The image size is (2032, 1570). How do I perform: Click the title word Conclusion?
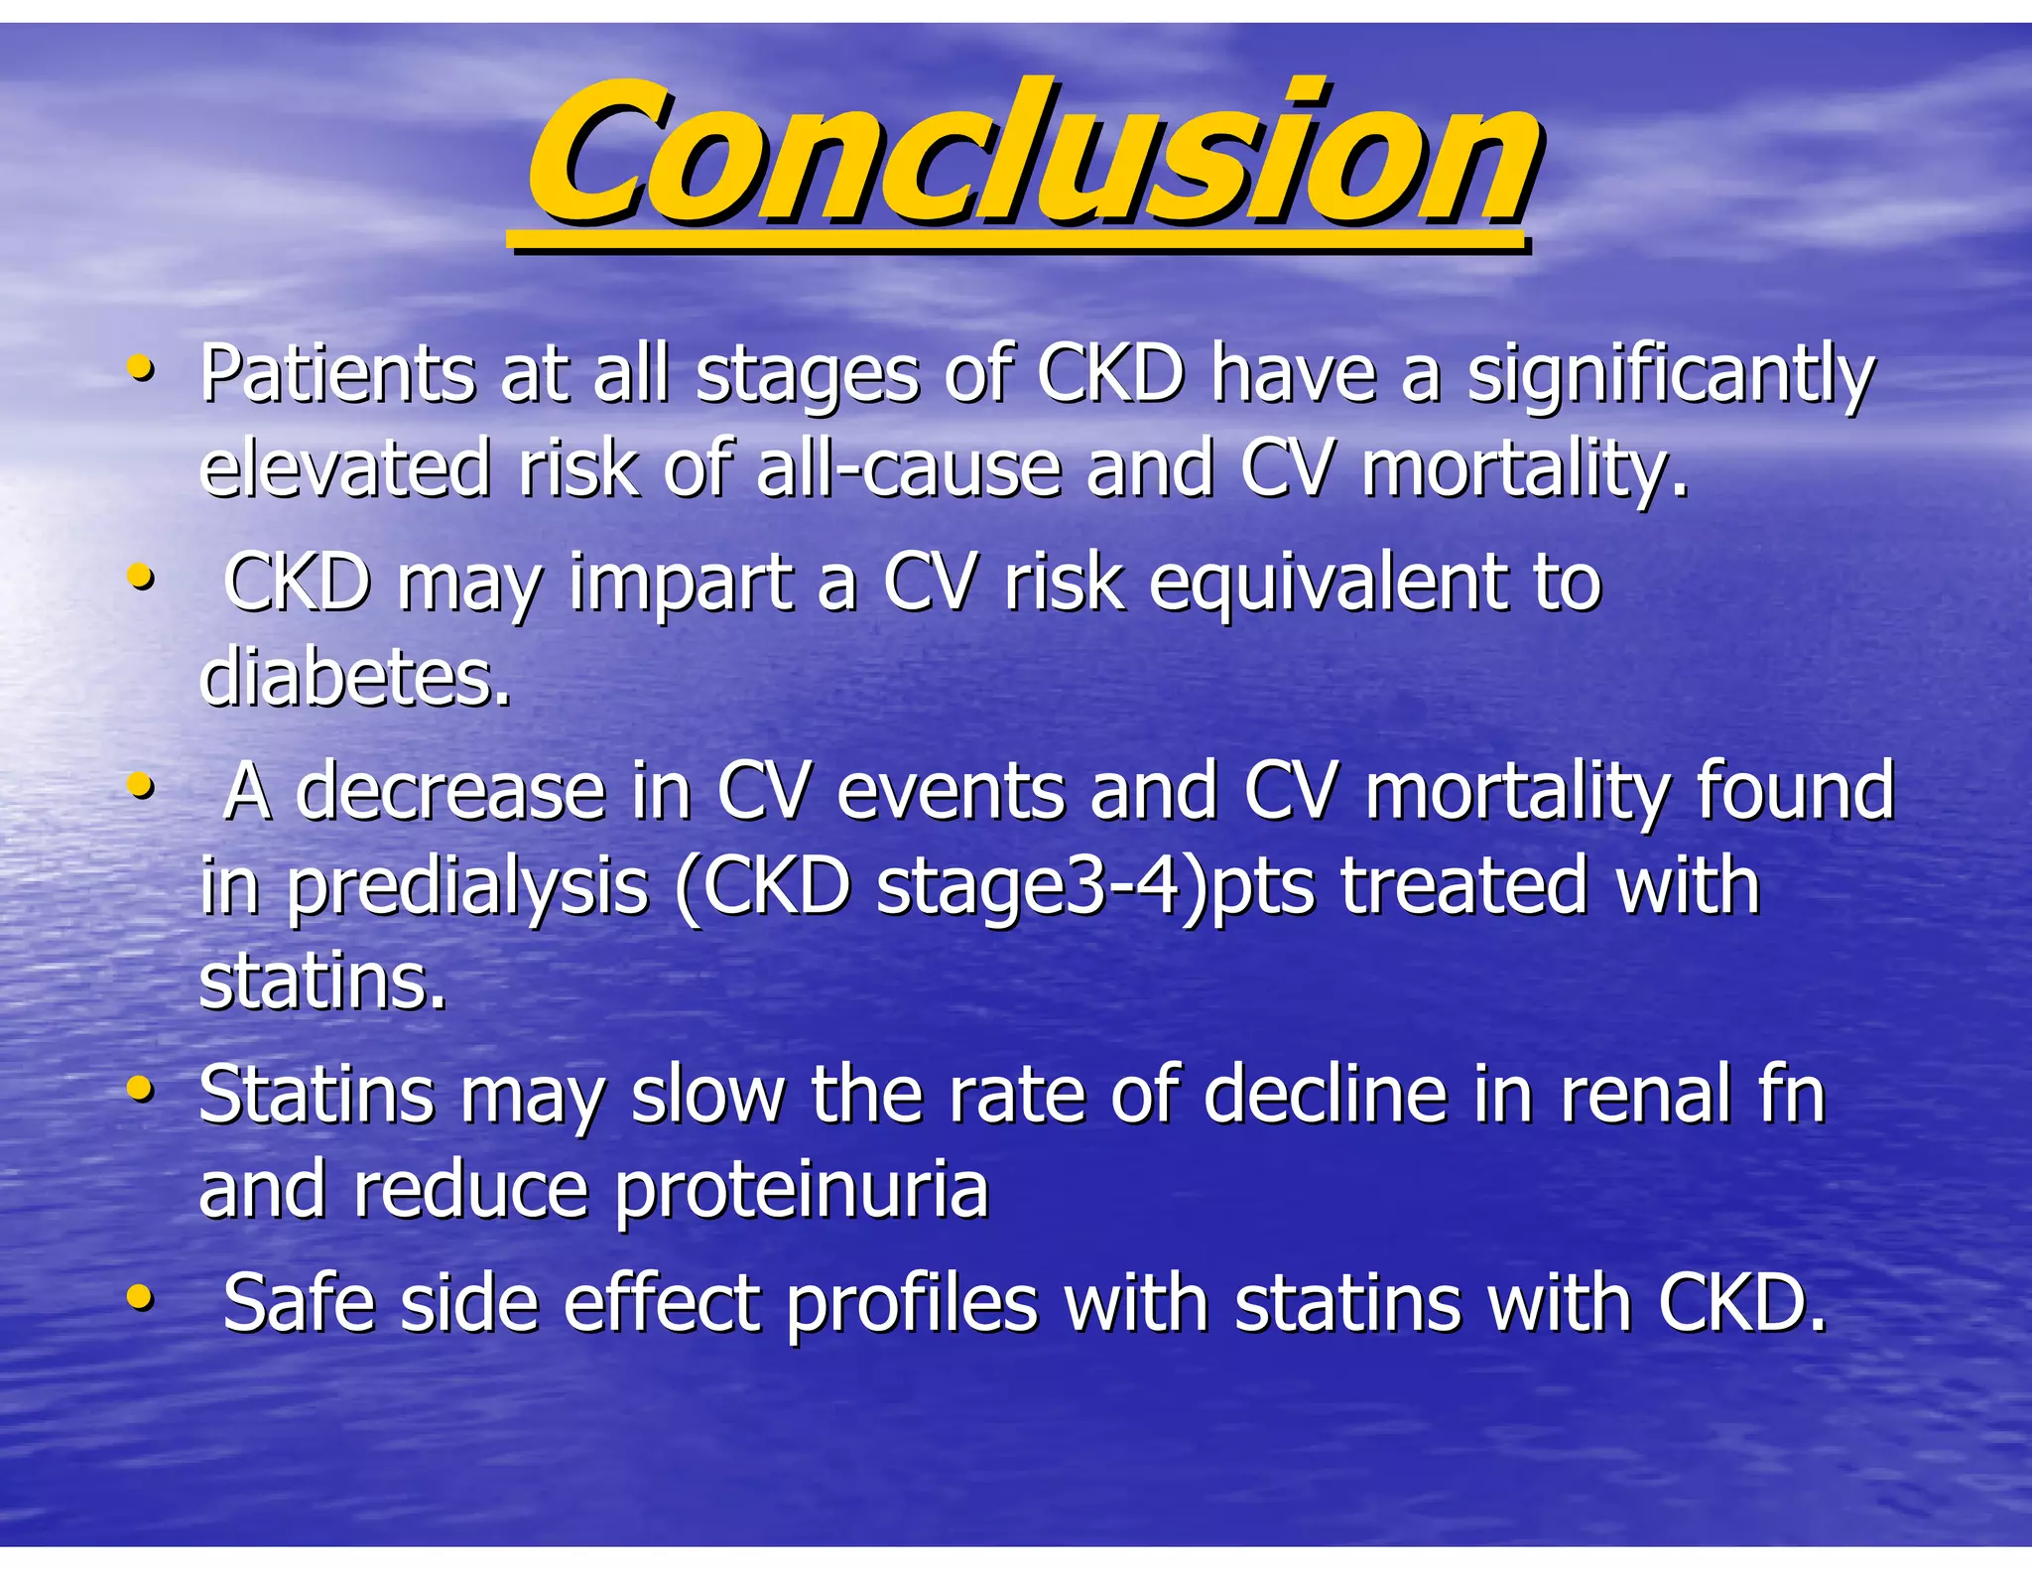pos(1032,154)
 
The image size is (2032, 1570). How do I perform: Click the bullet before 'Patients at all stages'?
pos(141,370)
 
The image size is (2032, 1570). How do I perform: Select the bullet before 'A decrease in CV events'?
pos(141,787)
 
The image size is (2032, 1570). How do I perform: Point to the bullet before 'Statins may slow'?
pos(141,1091)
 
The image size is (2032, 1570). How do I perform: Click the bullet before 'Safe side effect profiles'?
pos(141,1297)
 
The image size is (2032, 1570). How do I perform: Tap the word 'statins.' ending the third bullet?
pos(322,982)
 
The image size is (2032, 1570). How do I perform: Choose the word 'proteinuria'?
pos(801,1192)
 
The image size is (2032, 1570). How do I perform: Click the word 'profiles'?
pos(913,1303)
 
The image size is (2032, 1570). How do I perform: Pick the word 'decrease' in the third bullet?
pos(450,792)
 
